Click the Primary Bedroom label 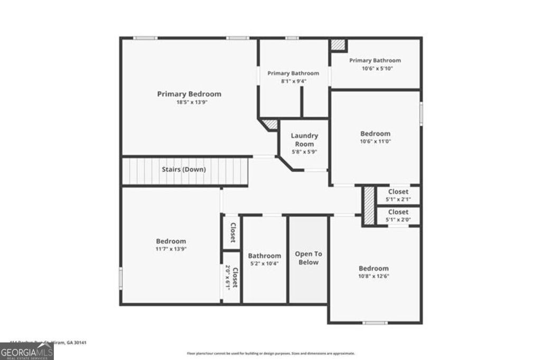[189, 94]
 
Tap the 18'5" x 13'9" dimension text [189, 102]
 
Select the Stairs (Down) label [183, 169]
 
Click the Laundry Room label [304, 140]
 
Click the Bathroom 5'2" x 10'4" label [264, 256]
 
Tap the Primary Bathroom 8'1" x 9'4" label [293, 73]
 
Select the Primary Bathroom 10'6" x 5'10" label [375, 61]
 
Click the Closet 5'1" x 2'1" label [398, 192]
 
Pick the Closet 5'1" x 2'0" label [398, 212]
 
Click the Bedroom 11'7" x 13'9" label [171, 241]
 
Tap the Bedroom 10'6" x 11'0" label [375, 134]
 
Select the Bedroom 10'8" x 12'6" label [374, 268]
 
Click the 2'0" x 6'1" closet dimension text [228, 277]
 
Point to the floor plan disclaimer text [270, 353]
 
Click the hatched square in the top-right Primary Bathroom [338, 45]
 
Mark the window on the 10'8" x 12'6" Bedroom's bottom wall [375, 322]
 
